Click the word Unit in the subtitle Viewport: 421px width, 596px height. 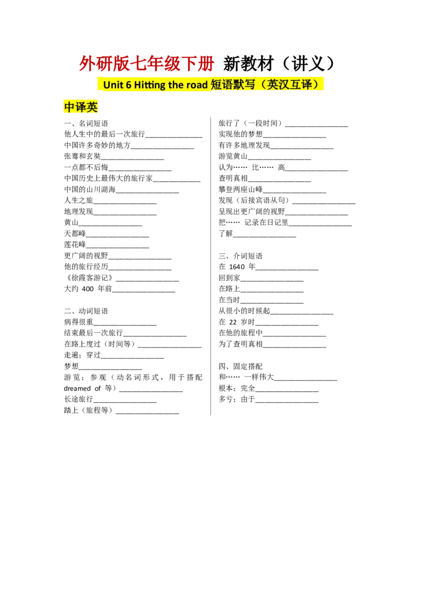click(x=113, y=85)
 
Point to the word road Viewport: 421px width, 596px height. click(x=197, y=85)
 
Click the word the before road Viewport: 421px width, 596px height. click(x=176, y=85)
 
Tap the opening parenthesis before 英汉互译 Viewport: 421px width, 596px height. click(x=264, y=85)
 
